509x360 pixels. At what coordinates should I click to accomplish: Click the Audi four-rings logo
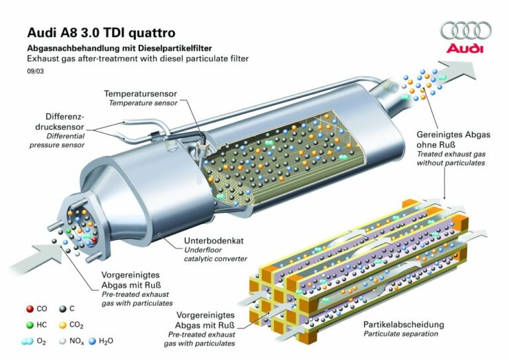click(x=466, y=30)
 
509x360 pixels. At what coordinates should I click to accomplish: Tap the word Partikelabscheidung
click(x=403, y=325)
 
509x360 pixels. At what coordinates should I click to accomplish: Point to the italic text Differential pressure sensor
click(x=64, y=139)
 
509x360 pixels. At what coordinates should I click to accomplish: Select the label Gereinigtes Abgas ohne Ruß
click(x=453, y=139)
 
